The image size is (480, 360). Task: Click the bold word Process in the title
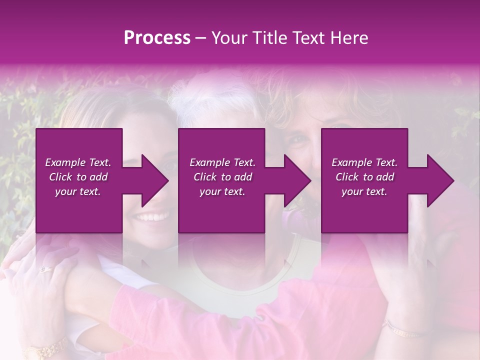click(157, 38)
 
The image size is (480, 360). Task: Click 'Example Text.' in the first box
click(78, 162)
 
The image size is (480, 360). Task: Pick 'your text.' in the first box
click(78, 191)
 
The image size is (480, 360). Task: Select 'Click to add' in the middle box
click(222, 177)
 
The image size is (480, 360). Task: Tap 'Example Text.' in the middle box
click(222, 162)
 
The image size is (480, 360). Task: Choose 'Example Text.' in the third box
click(364, 162)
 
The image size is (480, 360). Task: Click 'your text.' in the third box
click(364, 191)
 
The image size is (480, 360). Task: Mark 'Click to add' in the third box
click(364, 177)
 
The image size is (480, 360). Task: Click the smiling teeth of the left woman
click(152, 217)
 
